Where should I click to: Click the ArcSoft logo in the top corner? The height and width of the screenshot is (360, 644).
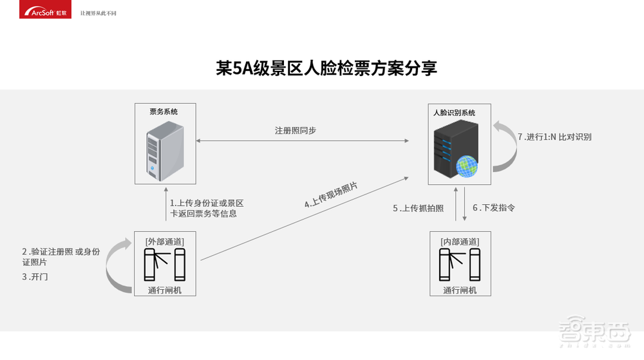36,11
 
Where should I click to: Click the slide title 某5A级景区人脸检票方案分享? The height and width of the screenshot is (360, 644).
326,69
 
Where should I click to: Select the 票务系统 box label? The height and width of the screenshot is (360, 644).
164,111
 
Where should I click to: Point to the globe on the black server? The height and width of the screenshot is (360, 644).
466,166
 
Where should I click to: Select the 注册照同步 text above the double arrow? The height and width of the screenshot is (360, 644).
296,130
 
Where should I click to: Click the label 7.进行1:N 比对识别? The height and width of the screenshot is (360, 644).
554,137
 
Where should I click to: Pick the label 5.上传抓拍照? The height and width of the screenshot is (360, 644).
419,208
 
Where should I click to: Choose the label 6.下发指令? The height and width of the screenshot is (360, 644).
494,208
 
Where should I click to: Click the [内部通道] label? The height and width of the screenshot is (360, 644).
460,242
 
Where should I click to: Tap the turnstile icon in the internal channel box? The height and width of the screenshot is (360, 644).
460,265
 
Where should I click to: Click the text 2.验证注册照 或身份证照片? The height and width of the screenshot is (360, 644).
61,257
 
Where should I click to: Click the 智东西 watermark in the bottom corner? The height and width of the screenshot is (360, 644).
600,339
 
